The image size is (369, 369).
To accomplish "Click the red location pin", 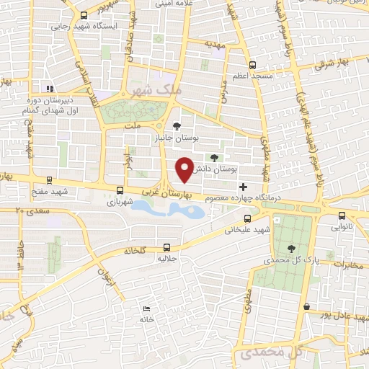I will (x=185, y=170).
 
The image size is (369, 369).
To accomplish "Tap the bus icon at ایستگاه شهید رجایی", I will (x=84, y=14).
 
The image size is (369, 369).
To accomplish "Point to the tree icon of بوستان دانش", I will (x=214, y=158).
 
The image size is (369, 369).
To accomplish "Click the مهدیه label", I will (x=215, y=44).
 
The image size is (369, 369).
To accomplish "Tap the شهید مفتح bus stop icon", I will (x=49, y=181).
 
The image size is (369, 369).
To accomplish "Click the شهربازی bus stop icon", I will (x=120, y=191).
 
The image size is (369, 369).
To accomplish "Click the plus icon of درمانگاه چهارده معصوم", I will (x=243, y=187).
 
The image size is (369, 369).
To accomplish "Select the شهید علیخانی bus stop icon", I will (x=247, y=218).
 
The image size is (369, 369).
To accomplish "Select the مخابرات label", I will (x=345, y=264).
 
